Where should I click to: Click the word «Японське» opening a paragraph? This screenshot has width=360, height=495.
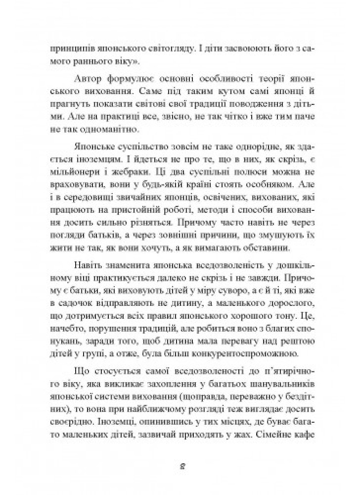pyautogui.click(x=94, y=148)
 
